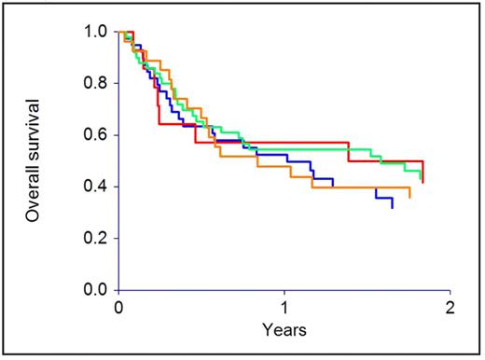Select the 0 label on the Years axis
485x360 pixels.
(118, 307)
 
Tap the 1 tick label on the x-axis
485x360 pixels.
(284, 307)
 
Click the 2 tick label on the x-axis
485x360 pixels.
(450, 307)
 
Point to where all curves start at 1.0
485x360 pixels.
(119, 32)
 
